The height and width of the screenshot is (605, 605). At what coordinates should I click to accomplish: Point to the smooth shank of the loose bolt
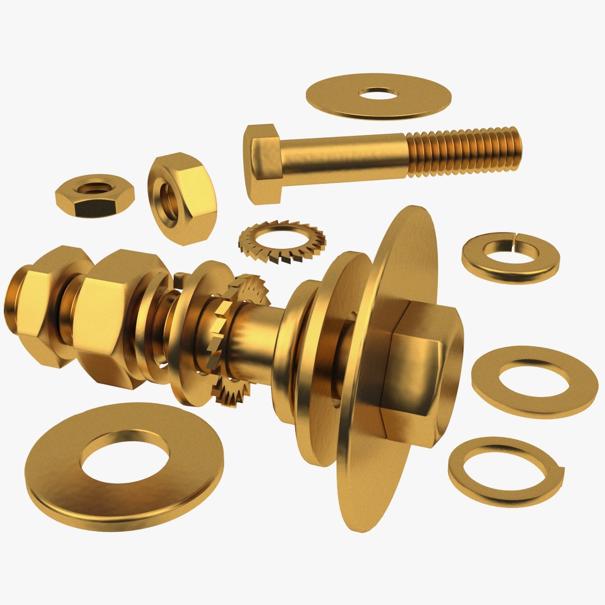tap(342, 158)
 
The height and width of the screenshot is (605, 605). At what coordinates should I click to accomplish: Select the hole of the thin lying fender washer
tap(379, 93)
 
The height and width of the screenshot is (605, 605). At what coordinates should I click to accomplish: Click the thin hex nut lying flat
tap(94, 196)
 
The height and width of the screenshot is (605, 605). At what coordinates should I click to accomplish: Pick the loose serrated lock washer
tap(282, 241)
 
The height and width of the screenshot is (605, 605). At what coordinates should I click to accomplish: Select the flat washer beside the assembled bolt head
tap(534, 381)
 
